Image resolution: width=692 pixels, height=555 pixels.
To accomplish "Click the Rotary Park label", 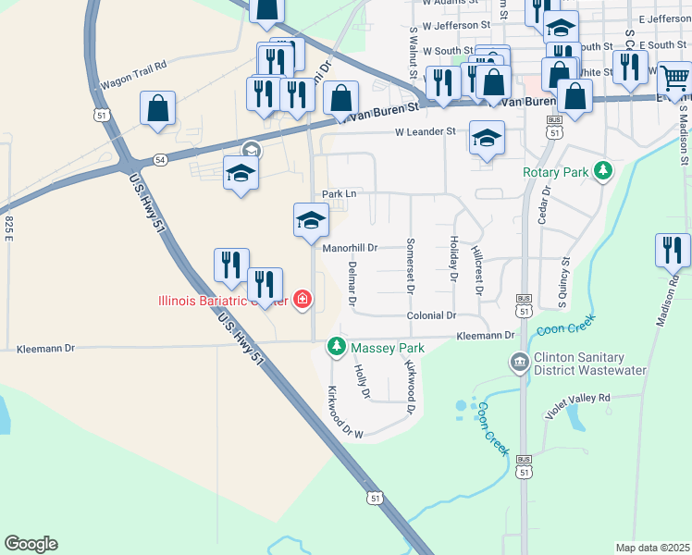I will click(x=555, y=172).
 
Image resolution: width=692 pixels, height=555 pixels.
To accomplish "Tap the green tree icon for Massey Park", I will click(x=337, y=348).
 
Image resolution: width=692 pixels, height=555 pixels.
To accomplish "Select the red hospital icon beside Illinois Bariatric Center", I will click(x=302, y=299).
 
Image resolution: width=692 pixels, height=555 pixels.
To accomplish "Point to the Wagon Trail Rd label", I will click(x=130, y=66).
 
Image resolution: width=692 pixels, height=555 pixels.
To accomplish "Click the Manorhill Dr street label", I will click(x=350, y=248).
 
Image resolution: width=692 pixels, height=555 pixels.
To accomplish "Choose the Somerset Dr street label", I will click(x=409, y=266).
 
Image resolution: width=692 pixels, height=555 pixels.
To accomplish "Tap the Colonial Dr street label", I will click(x=432, y=315).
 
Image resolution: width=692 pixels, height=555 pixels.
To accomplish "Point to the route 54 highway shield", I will click(x=160, y=160).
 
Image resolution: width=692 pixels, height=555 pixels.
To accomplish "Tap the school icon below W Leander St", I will click(x=487, y=139).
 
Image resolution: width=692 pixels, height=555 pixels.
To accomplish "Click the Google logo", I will click(x=31, y=544).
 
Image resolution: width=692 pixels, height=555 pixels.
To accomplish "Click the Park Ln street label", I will click(x=339, y=193).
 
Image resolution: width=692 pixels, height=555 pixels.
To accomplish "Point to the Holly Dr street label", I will click(x=362, y=382).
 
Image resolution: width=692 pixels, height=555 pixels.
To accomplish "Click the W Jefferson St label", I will click(x=455, y=25).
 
